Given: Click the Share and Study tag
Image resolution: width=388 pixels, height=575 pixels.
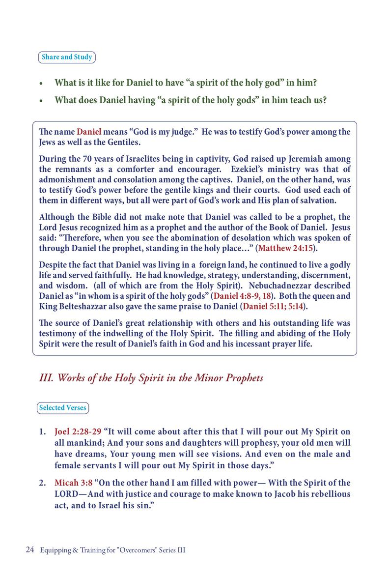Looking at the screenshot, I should click(x=67, y=57).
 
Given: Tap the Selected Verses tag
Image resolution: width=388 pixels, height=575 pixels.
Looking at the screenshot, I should click(x=63, y=408).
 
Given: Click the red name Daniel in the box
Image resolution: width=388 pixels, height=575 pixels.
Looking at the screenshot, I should click(x=89, y=132).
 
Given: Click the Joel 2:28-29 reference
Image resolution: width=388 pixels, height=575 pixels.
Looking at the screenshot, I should click(x=78, y=432).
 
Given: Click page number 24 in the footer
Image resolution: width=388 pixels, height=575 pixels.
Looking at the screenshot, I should click(x=29, y=550).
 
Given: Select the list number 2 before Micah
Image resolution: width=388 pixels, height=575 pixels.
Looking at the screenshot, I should click(x=42, y=483).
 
